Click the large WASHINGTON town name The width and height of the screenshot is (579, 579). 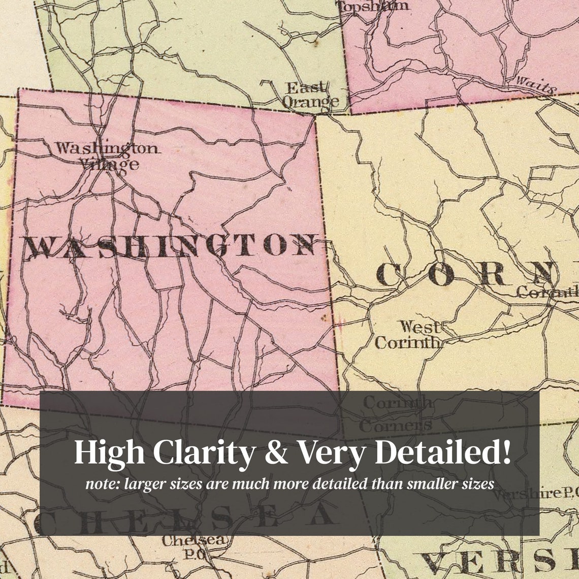[170, 246]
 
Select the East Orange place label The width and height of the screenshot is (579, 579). [310, 94]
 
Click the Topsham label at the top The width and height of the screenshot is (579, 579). [373, 6]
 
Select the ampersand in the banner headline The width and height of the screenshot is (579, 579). [276, 453]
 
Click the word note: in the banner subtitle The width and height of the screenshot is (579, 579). [101, 484]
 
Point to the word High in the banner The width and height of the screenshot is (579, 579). [109, 452]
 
